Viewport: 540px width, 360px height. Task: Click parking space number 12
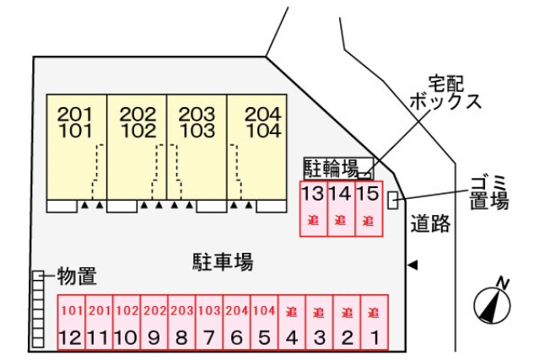pyautogui.click(x=70, y=323)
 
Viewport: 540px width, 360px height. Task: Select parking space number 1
pyautogui.click(x=374, y=323)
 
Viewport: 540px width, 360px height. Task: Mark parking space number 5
pyautogui.click(x=263, y=323)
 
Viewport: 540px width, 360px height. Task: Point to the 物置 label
pyautogui.click(x=76, y=276)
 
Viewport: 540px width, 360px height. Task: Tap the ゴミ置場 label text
pyautogui.click(x=489, y=192)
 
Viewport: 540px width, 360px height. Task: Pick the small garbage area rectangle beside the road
pyautogui.click(x=392, y=199)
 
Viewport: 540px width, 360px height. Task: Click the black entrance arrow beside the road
pyautogui.click(x=412, y=265)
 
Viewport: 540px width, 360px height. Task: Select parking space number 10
pyautogui.click(x=126, y=323)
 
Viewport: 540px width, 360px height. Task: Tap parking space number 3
pyautogui.click(x=319, y=323)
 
